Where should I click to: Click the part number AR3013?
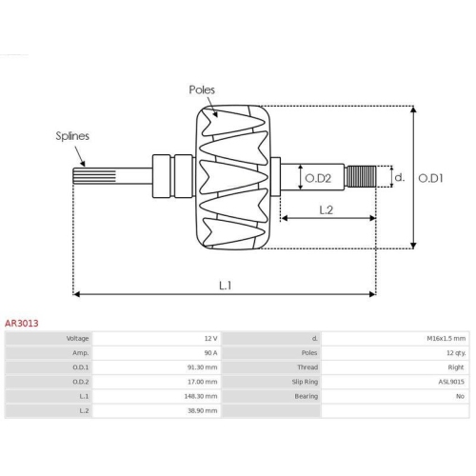(x=22, y=324)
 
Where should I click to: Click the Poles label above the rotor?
(x=202, y=89)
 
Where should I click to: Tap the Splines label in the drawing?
(x=72, y=136)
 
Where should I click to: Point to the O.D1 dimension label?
(x=430, y=178)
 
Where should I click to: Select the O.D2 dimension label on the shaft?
(x=318, y=178)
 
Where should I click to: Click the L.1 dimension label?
(x=226, y=286)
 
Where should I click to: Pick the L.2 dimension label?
(x=326, y=210)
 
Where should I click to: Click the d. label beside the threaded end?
(x=400, y=177)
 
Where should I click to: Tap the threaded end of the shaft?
(x=361, y=176)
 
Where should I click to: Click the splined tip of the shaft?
(x=94, y=176)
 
